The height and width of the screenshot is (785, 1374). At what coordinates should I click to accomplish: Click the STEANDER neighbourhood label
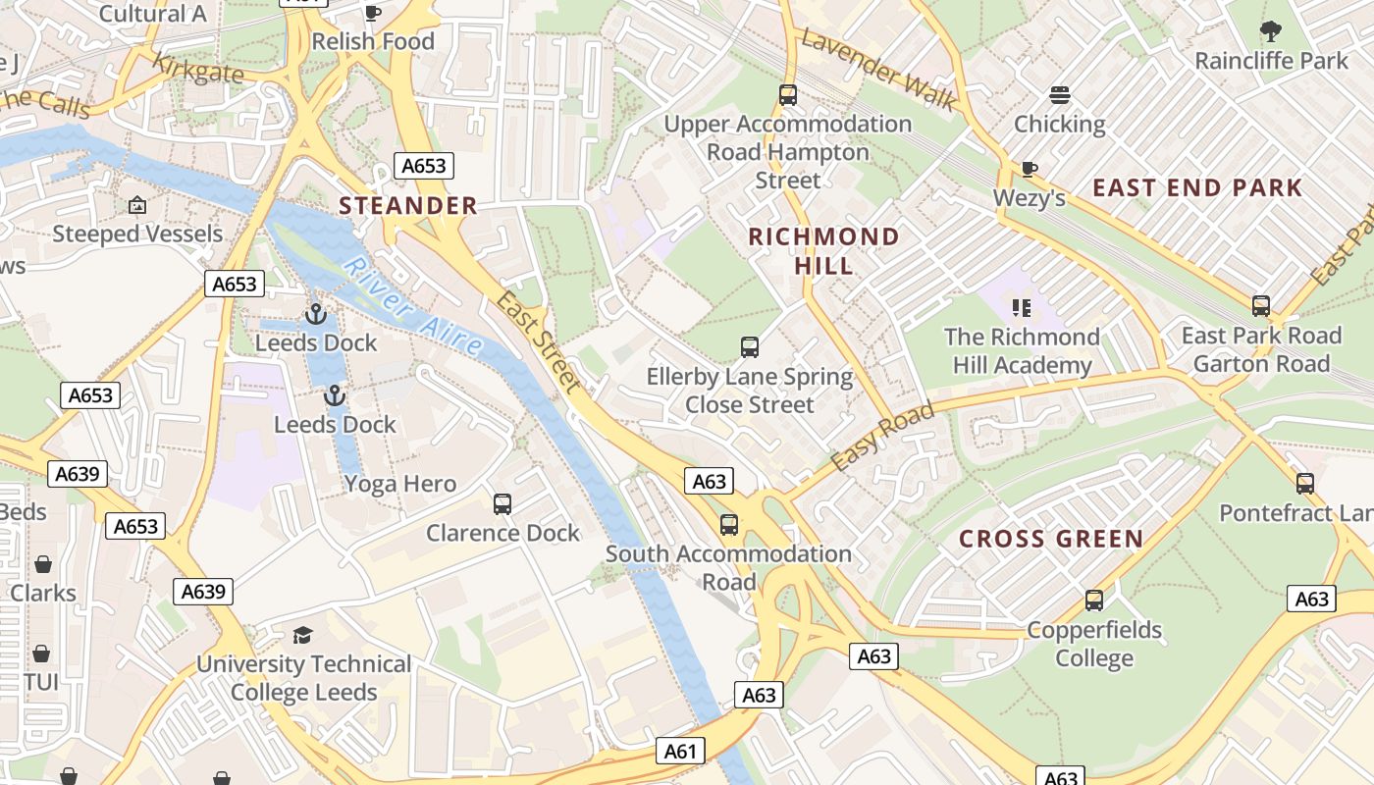tap(408, 206)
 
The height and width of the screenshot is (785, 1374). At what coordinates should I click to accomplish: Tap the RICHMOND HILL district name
tap(823, 250)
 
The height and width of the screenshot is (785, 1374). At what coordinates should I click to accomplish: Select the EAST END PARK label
tap(1197, 187)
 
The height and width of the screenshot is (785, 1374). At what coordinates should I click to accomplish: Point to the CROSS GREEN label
tap(1051, 539)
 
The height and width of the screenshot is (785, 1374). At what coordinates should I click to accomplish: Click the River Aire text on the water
tap(413, 306)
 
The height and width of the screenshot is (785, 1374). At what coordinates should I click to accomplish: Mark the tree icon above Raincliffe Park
tap(1271, 31)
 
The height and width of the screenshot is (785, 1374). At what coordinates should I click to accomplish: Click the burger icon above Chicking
tap(1059, 95)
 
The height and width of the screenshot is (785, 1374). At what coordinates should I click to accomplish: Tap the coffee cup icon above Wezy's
tap(1029, 169)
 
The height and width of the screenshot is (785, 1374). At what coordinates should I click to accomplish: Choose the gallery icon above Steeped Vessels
tap(137, 205)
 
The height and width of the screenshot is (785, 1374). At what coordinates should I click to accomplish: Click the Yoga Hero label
tap(399, 484)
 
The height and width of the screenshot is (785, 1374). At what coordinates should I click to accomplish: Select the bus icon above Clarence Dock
tap(502, 504)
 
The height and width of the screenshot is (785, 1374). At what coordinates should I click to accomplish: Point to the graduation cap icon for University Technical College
tap(302, 635)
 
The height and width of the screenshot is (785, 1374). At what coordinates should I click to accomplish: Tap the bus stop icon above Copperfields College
tap(1094, 601)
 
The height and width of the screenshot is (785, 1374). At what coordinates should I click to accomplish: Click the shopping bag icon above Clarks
tap(43, 564)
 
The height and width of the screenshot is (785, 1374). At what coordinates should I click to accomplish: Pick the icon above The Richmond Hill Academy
tap(1022, 308)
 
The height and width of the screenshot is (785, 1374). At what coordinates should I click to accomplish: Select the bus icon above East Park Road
tap(1261, 306)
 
